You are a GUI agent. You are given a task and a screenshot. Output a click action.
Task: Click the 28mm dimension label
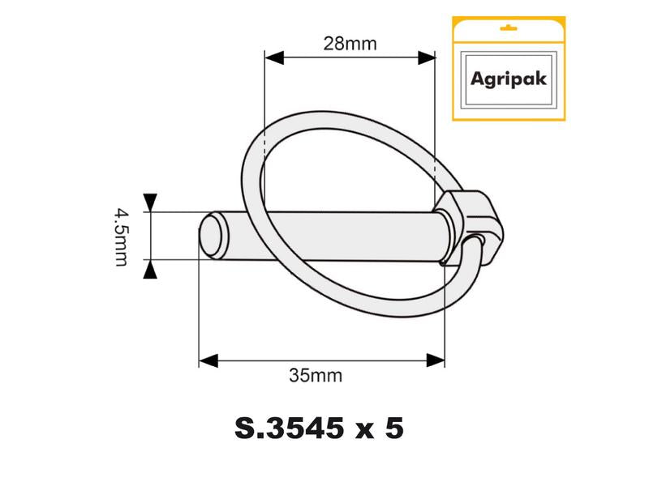pyautogui.click(x=350, y=44)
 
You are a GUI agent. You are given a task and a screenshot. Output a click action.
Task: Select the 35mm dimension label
pyautogui.click(x=316, y=375)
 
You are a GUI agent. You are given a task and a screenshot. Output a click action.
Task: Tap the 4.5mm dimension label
pyautogui.click(x=121, y=236)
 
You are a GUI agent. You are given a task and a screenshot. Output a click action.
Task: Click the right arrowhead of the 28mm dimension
pyautogui.click(x=425, y=58)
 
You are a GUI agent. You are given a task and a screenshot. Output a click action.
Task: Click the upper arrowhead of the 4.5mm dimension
pyautogui.click(x=150, y=202)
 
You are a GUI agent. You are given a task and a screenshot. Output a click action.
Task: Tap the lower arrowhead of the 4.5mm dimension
pyautogui.click(x=150, y=270)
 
